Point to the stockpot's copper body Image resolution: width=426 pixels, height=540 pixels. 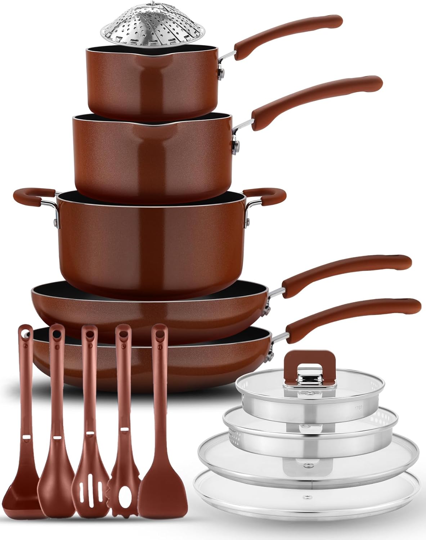(151, 238)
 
